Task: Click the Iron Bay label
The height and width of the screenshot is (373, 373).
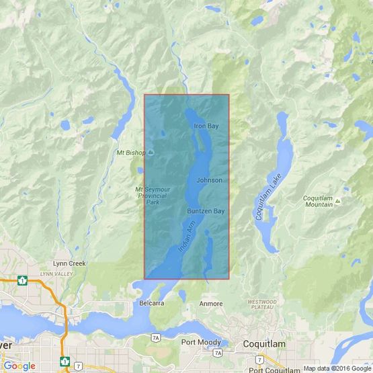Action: pyautogui.click(x=206, y=126)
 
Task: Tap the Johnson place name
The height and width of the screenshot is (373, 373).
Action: pyautogui.click(x=209, y=181)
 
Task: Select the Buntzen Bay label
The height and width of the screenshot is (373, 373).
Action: pyautogui.click(x=205, y=211)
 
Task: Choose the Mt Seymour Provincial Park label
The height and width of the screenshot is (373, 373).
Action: pyautogui.click(x=149, y=195)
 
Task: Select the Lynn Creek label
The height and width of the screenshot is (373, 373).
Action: pyautogui.click(x=69, y=263)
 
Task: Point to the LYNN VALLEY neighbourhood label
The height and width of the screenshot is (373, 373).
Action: pyautogui.click(x=55, y=274)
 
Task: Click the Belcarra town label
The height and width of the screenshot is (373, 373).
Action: pyautogui.click(x=153, y=304)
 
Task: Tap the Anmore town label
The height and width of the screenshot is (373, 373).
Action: pyautogui.click(x=211, y=304)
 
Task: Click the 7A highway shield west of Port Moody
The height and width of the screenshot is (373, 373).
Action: pyautogui.click(x=156, y=335)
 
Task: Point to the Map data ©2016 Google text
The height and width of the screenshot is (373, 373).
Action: pyautogui.click(x=336, y=368)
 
